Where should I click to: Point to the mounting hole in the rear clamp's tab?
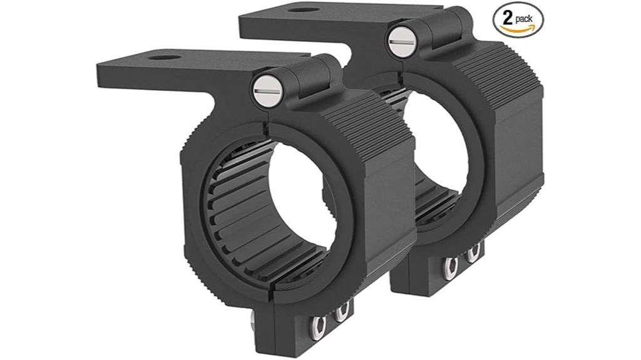tap(305, 9)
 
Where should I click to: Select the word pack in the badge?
tap(525, 19)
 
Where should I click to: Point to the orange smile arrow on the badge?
tap(518, 29)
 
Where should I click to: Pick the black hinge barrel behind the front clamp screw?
tap(313, 75)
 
